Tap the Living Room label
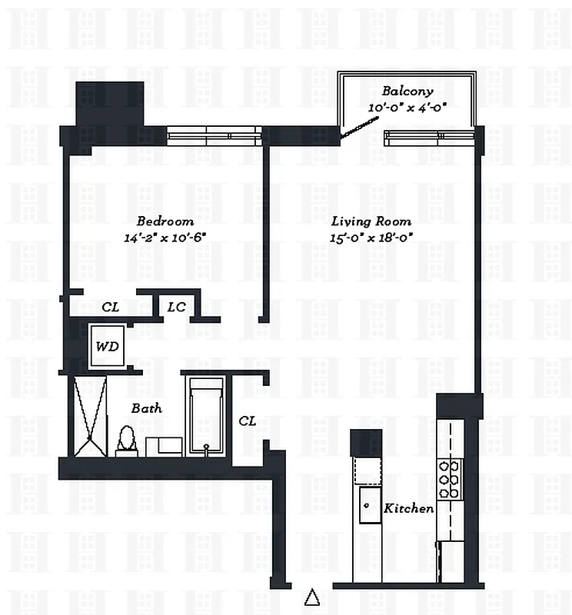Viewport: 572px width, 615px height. point(371,221)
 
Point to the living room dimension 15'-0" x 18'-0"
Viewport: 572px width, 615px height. point(371,238)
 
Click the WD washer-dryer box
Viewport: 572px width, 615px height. point(107,347)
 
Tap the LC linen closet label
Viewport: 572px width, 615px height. point(176,307)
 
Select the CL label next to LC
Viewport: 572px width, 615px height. point(110,307)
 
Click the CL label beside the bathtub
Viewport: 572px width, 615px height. point(247,421)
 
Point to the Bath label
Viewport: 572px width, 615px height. point(145,408)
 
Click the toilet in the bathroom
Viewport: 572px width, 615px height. point(126,443)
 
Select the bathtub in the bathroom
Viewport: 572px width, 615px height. point(205,416)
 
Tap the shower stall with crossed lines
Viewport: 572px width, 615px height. point(90,416)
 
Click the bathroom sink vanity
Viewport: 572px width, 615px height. point(164,446)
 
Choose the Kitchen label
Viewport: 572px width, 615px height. point(408,508)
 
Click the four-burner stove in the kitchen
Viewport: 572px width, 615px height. point(448,478)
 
